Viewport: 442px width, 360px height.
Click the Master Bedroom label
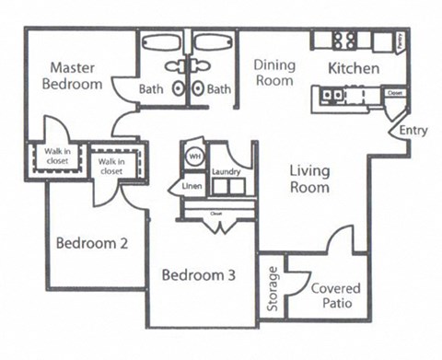pyautogui.click(x=76, y=75)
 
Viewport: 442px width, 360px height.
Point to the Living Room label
pyautogui.click(x=310, y=179)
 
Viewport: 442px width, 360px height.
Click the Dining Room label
pyautogui.click(x=273, y=73)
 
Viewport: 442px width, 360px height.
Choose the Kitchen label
pyautogui.click(x=354, y=69)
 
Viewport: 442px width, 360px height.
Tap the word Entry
pyautogui.click(x=412, y=132)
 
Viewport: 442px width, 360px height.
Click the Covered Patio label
pyautogui.click(x=335, y=296)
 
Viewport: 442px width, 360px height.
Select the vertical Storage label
pyautogui.click(x=273, y=289)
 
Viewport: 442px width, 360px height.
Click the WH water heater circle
pyautogui.click(x=194, y=157)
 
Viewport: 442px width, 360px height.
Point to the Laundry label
pyautogui.click(x=226, y=172)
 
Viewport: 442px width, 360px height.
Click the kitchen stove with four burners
pyautogui.click(x=344, y=40)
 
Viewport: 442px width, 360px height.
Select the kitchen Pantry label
pyautogui.click(x=400, y=41)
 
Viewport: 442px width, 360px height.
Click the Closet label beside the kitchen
pyautogui.click(x=395, y=94)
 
